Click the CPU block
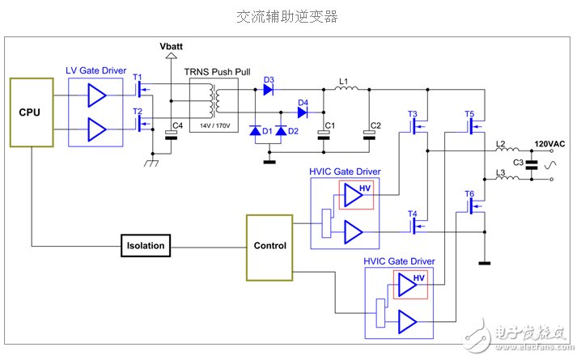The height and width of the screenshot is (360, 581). click(31, 112)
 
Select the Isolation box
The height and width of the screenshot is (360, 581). click(146, 245)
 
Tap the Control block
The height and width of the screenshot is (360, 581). click(269, 245)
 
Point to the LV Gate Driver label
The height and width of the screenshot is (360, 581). click(95, 71)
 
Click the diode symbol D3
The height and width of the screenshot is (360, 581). click(269, 90)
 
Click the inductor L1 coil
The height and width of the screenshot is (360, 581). click(344, 89)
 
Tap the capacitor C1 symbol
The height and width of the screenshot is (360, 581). click(325, 136)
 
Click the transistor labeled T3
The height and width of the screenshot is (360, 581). click(418, 126)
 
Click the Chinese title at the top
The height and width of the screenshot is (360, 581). click(286, 15)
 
